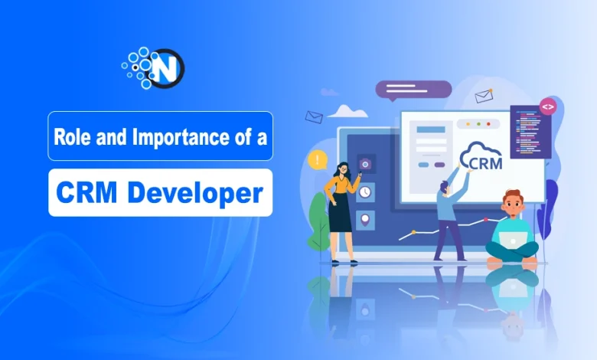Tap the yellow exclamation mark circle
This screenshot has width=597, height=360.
[316, 160]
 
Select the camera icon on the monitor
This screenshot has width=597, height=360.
[366, 164]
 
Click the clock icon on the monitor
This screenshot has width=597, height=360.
[365, 191]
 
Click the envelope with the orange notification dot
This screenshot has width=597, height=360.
[484, 96]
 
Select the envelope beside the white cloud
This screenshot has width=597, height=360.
[314, 116]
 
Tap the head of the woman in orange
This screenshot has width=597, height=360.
[342, 168]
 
